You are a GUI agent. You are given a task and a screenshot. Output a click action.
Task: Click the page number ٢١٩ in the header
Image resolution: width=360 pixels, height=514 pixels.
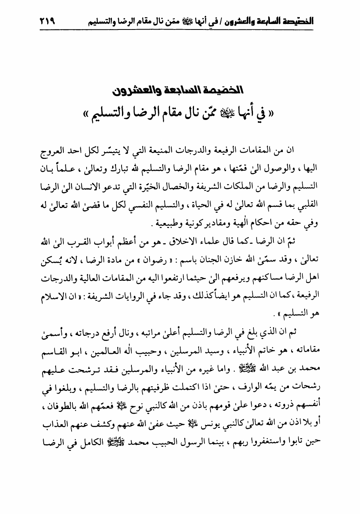(x=47, y=22)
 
